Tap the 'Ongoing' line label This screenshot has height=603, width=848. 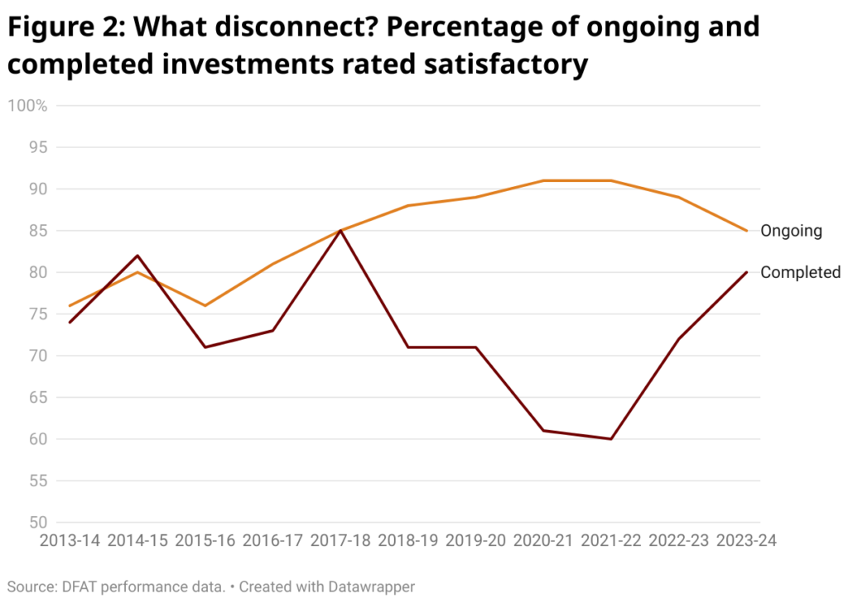pyautogui.click(x=791, y=231)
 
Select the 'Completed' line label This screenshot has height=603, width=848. pyautogui.click(x=800, y=272)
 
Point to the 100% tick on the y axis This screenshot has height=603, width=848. pyautogui.click(x=26, y=106)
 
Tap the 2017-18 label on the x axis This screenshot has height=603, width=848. pyautogui.click(x=340, y=541)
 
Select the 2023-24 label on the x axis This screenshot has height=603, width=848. pyautogui.click(x=747, y=541)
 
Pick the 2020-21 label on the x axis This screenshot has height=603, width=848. pyautogui.click(x=543, y=541)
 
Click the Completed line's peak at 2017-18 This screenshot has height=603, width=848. pyautogui.click(x=340, y=231)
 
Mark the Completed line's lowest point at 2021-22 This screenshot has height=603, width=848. pyautogui.click(x=611, y=439)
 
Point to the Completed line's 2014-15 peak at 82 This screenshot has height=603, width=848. pyautogui.click(x=137, y=256)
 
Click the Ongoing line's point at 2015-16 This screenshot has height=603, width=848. pyautogui.click(x=205, y=305)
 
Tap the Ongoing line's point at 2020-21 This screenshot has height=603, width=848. pyautogui.click(x=543, y=180)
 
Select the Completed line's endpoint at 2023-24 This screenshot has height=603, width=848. pyautogui.click(x=747, y=272)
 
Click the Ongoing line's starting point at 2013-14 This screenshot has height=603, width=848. pyautogui.click(x=70, y=305)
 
